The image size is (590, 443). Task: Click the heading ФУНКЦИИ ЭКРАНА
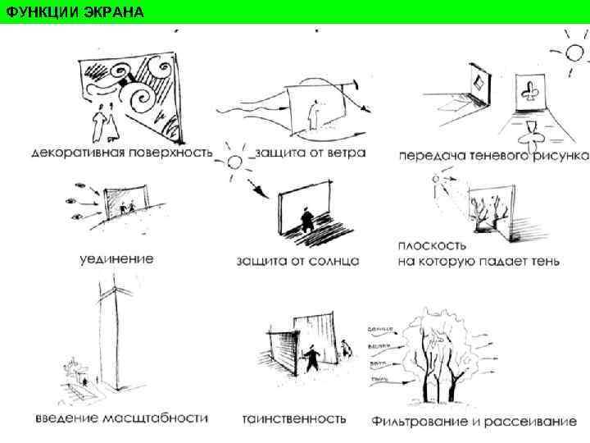coord(73,11)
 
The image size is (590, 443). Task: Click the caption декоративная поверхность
coord(122,153)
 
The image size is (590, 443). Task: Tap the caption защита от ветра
coord(306,153)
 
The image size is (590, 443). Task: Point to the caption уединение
coord(116,259)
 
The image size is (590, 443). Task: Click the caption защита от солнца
coord(297,261)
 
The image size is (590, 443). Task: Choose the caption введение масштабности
coord(122,418)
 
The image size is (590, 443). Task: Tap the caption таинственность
coord(293,418)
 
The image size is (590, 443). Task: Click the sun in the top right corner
coord(574,53)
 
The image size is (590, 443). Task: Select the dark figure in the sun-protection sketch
coord(305,219)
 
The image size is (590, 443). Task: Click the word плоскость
coord(432,245)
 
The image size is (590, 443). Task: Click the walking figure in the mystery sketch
coord(311,359)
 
